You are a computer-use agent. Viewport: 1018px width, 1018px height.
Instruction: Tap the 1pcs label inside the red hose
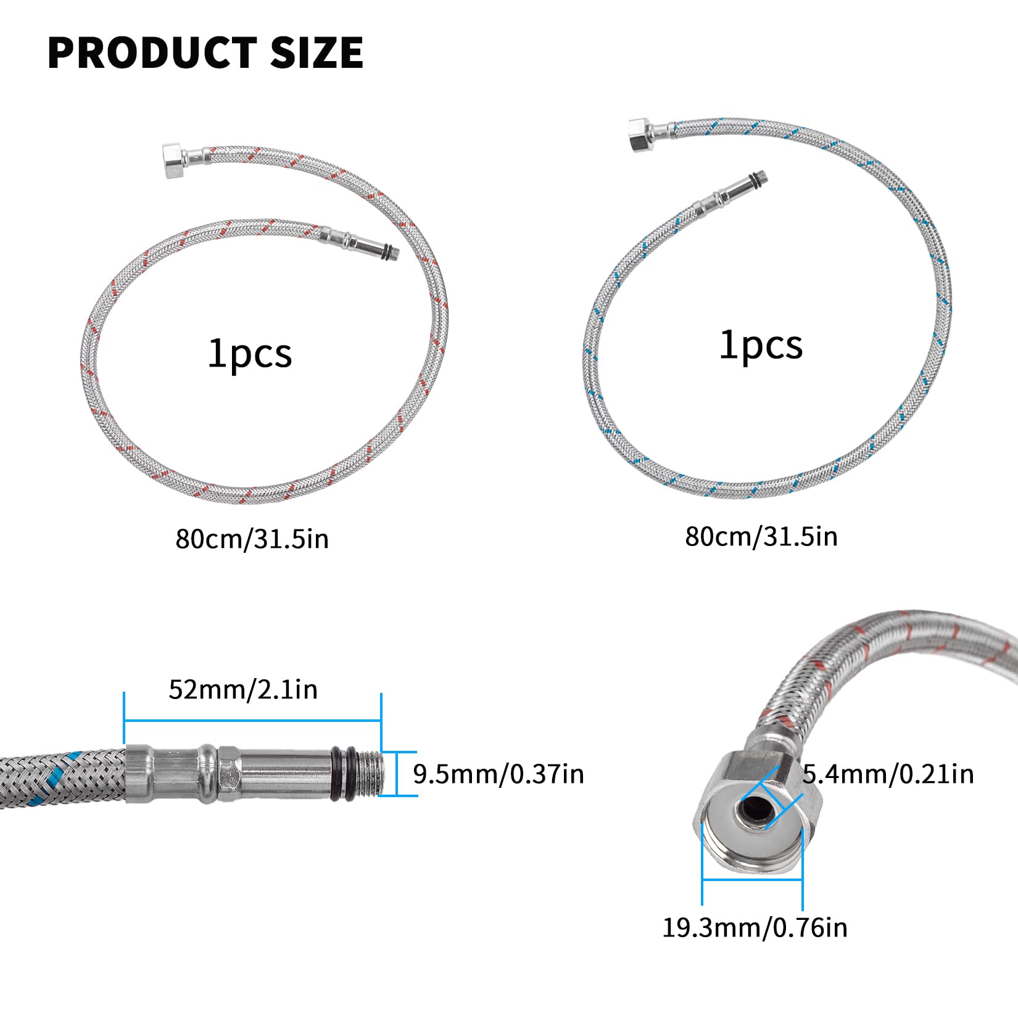point(250,354)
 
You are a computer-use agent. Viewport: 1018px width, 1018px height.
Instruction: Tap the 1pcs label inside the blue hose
point(761,345)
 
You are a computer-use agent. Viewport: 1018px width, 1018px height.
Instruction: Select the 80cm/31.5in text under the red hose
point(252,539)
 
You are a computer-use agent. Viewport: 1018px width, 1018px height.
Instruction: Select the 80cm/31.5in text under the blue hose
point(761,536)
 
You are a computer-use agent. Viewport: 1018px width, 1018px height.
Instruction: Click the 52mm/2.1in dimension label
point(243,689)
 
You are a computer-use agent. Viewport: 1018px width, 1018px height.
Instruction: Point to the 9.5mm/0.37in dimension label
point(499,774)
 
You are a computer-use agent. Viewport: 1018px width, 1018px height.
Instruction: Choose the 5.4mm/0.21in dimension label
point(888,774)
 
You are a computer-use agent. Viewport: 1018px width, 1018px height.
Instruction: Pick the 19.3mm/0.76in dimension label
point(755,928)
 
